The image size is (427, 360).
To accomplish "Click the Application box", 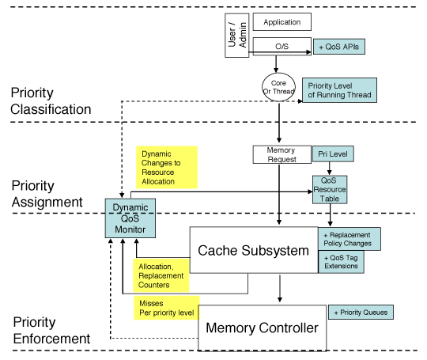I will click(x=282, y=22).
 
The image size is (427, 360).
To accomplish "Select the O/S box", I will click(x=282, y=47).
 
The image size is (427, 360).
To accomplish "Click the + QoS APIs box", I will click(x=339, y=47).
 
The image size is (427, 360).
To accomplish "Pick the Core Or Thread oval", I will click(x=279, y=84).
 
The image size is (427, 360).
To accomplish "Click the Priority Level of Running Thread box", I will click(x=339, y=90).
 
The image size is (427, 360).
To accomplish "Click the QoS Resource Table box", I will click(x=330, y=191).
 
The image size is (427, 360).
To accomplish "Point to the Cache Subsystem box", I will click(x=253, y=250).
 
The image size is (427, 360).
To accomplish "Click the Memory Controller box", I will click(x=261, y=327).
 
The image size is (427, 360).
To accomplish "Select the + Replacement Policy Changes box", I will click(x=350, y=240).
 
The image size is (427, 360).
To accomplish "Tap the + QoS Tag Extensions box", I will click(x=342, y=262).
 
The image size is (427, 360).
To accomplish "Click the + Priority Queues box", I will click(x=360, y=312).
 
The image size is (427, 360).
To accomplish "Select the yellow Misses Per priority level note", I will click(x=165, y=307).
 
